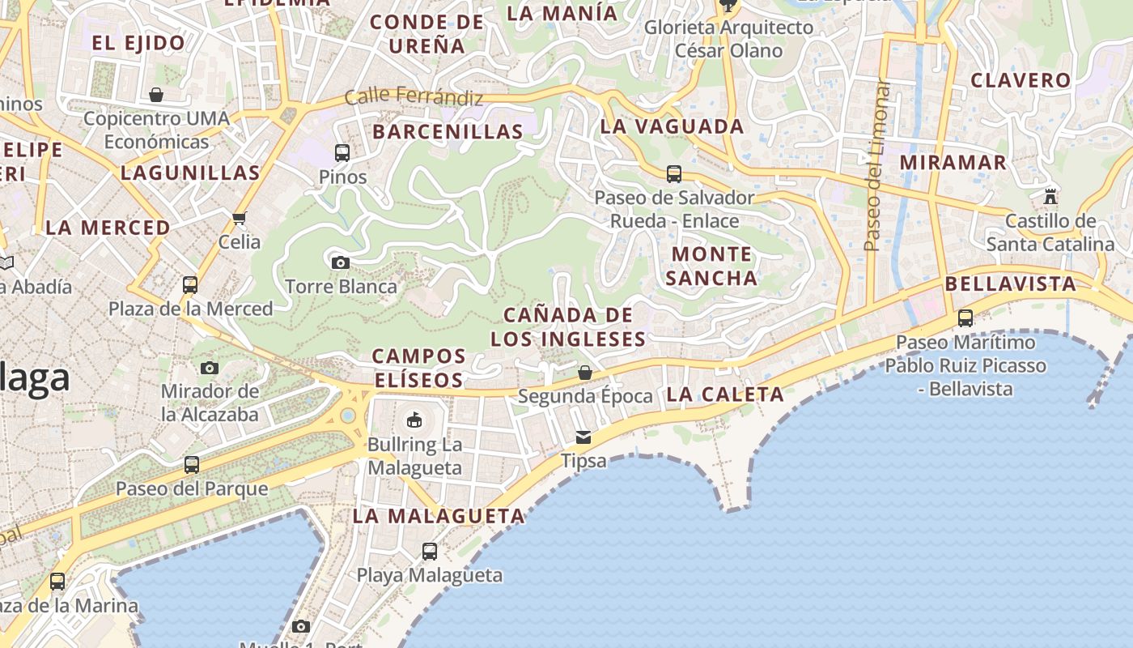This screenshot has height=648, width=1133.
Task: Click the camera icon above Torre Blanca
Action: [x=341, y=262]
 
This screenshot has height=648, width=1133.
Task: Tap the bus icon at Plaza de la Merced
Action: [x=190, y=285]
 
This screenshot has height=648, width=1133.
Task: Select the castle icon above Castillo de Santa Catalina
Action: [x=1050, y=196]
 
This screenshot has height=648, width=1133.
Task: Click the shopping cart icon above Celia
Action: [x=239, y=218]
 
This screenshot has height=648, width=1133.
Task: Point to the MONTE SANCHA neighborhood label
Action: [x=713, y=266]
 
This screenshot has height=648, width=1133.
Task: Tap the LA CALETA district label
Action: [x=725, y=394]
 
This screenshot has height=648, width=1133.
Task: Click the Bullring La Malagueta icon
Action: [x=414, y=420]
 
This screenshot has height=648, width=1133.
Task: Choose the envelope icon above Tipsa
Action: [x=583, y=437]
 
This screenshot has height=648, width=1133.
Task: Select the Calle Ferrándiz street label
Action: [x=414, y=97]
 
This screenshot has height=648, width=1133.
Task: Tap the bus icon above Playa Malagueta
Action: [x=430, y=552]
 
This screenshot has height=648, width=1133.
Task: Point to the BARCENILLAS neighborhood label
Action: [x=448, y=131]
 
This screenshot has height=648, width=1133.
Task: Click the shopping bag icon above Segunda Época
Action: [x=585, y=373]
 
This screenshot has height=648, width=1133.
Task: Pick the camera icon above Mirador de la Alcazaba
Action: [x=210, y=368]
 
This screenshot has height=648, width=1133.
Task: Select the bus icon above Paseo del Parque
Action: [x=192, y=465]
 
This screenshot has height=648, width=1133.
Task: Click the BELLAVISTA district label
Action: [x=1011, y=284]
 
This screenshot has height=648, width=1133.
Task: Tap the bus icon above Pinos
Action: [x=342, y=152]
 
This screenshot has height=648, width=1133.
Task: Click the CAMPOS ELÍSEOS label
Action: [x=418, y=368]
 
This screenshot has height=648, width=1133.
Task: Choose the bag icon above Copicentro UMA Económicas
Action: [x=156, y=95]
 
